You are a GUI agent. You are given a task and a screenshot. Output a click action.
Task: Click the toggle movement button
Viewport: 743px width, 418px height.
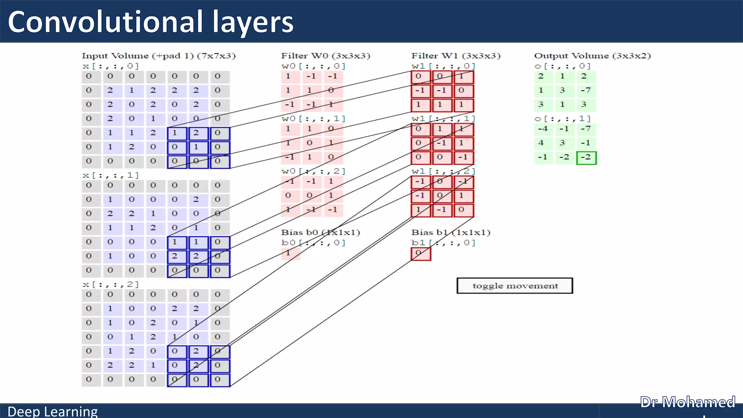(x=515, y=286)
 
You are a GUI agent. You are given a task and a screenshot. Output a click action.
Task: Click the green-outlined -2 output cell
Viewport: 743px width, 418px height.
(x=586, y=158)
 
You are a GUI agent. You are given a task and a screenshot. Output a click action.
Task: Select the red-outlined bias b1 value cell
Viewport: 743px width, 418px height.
(x=421, y=254)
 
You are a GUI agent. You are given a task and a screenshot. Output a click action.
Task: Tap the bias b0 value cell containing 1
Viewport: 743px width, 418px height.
(x=290, y=253)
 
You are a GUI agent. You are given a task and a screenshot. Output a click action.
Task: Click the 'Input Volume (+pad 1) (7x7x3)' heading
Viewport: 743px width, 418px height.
(x=159, y=56)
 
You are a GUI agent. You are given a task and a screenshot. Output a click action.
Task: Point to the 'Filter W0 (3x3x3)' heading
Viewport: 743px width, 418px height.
(x=325, y=56)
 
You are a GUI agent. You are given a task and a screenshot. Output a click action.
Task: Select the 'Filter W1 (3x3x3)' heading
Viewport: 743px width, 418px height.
(x=456, y=56)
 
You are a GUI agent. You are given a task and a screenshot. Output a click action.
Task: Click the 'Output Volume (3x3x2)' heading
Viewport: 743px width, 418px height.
(x=592, y=56)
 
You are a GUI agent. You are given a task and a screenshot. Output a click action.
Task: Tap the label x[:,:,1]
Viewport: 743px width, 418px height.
(x=111, y=175)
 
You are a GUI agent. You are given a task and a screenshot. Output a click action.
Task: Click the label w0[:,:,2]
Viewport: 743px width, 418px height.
(x=313, y=171)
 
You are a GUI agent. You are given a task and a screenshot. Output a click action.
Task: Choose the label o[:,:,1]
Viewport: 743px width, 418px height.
(x=562, y=119)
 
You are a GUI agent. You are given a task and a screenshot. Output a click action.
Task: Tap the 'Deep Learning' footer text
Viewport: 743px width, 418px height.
(x=53, y=411)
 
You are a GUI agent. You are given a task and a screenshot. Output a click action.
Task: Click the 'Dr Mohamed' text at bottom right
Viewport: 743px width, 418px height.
(x=687, y=402)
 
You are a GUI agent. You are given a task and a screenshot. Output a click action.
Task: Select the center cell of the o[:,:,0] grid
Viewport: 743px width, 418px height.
(x=562, y=90)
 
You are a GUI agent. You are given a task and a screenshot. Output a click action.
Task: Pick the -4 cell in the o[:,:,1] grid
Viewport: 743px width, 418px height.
(x=543, y=129)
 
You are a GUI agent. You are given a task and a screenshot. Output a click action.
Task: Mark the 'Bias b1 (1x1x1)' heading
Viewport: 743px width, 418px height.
(x=451, y=232)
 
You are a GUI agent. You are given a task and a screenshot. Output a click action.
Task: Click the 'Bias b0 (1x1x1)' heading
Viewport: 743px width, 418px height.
(x=320, y=232)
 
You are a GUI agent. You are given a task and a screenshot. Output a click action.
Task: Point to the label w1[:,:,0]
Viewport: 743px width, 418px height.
(x=443, y=66)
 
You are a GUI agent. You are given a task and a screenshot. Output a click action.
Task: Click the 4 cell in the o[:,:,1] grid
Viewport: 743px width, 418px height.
(x=541, y=143)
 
